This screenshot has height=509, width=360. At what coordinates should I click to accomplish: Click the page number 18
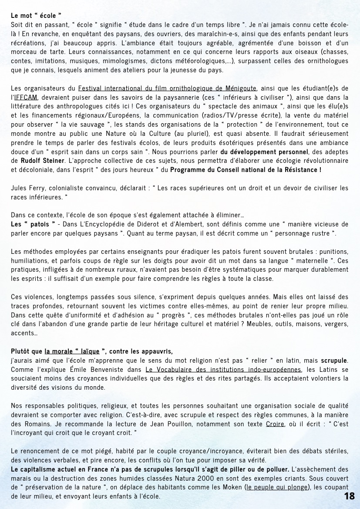[x=349, y=496]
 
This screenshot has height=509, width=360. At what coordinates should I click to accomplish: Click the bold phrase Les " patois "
[x=33, y=224]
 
